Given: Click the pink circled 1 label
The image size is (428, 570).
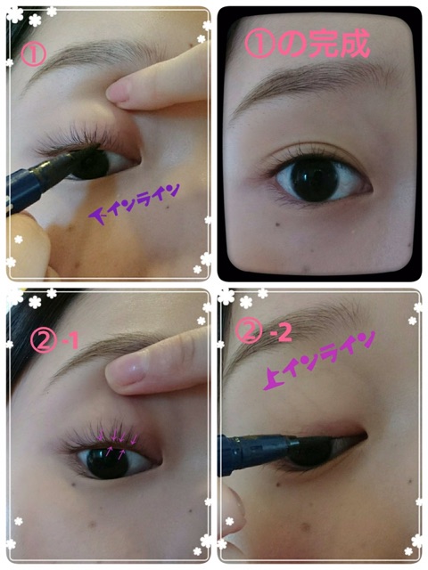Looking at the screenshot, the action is pos(33,55).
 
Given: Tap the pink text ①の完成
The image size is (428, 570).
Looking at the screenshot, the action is pos(307,44).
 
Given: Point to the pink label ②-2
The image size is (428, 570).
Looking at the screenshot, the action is pos(264,332).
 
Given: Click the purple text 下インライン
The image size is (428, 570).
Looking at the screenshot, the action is pos(135,204).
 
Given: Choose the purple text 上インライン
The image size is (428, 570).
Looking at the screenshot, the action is pos(319,360).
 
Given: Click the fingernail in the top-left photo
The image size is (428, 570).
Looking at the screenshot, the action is pos(119,91).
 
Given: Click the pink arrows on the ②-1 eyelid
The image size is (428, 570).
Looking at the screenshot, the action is pos(118,442).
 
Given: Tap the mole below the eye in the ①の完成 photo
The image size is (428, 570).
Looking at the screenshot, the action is pos(277,224).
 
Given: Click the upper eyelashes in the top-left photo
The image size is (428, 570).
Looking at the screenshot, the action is pos(78,137).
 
